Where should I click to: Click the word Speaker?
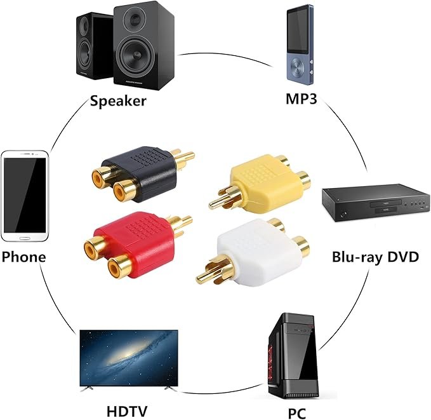118,100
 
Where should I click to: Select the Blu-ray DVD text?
375,257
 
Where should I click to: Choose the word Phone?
23,257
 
